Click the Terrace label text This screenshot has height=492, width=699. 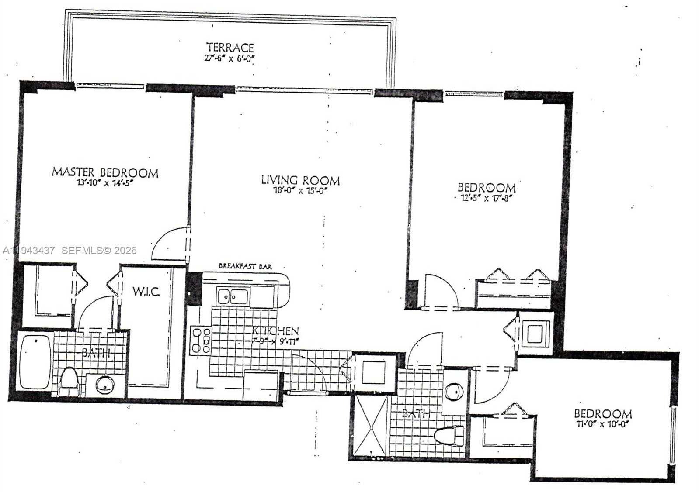(230, 47)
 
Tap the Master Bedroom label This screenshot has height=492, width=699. (105, 172)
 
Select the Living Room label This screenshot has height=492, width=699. (300, 180)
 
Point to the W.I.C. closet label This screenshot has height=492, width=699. (146, 291)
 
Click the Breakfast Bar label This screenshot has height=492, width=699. (245, 266)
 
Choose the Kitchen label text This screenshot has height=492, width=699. (275, 331)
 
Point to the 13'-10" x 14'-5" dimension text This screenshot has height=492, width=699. (104, 183)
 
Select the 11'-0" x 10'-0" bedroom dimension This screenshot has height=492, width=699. (602, 424)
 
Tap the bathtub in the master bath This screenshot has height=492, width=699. (35, 362)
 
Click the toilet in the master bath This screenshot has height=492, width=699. (68, 380)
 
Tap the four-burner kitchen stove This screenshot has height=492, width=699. (201, 341)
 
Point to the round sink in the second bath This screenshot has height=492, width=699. (454, 391)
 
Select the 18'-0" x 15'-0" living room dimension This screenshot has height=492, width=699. (300, 191)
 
